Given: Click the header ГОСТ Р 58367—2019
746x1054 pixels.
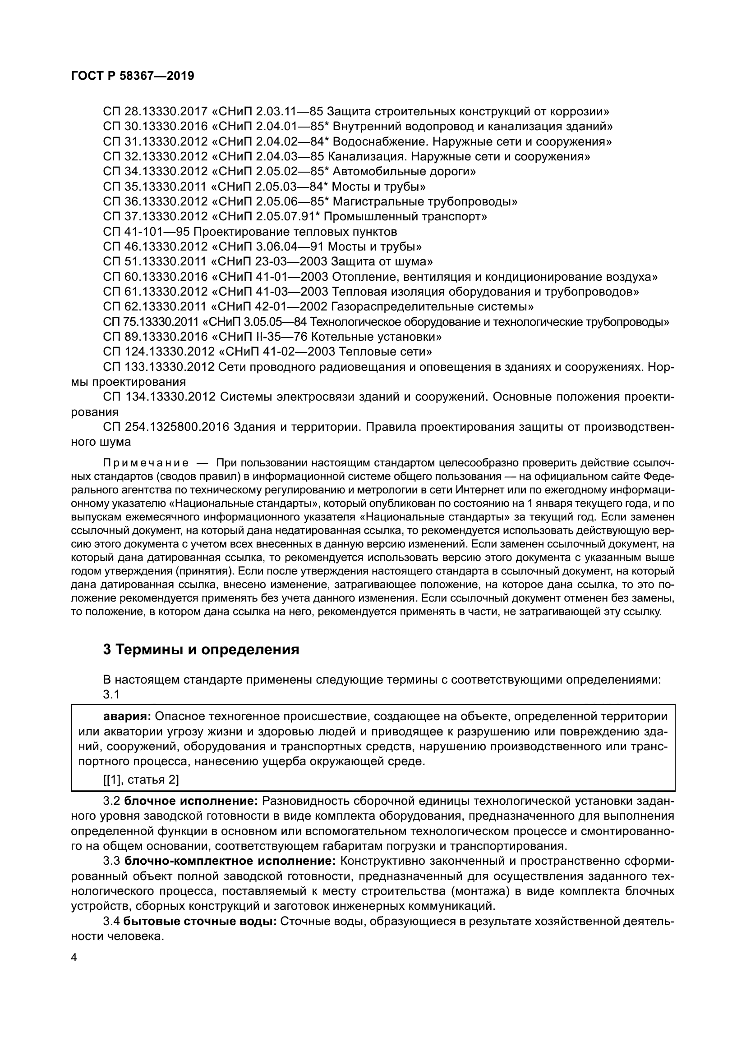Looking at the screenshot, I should [133, 76].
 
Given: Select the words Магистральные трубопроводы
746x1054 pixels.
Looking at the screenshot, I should [424, 201].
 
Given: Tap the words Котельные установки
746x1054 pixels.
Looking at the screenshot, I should [376, 337].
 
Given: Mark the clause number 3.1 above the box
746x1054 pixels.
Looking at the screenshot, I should [111, 694].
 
